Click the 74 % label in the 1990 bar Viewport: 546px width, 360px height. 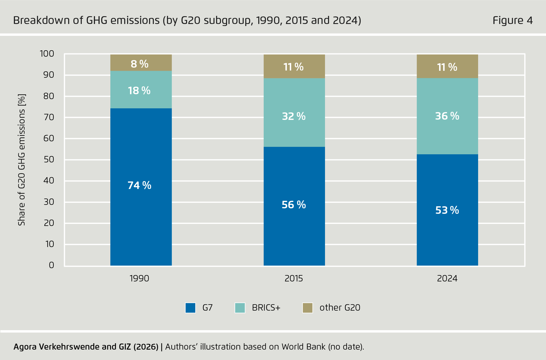(140, 185)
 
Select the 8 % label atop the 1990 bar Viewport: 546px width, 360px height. (140, 64)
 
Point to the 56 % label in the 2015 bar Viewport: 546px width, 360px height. (294, 205)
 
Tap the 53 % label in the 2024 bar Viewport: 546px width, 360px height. (447, 210)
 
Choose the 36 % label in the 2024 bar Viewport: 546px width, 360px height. (447, 116)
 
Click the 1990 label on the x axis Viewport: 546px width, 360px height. (140, 279)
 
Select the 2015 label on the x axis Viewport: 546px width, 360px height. (294, 279)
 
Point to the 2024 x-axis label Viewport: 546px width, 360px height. (447, 279)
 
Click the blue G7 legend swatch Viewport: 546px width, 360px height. (190, 308)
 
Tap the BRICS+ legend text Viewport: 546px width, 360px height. (266, 308)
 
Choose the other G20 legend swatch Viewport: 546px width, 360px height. (307, 308)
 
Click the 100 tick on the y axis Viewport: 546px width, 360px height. (47, 54)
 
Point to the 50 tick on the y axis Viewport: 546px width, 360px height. (49, 159)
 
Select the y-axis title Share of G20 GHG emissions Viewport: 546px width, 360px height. (22, 159)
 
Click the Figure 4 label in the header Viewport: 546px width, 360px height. (512, 21)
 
